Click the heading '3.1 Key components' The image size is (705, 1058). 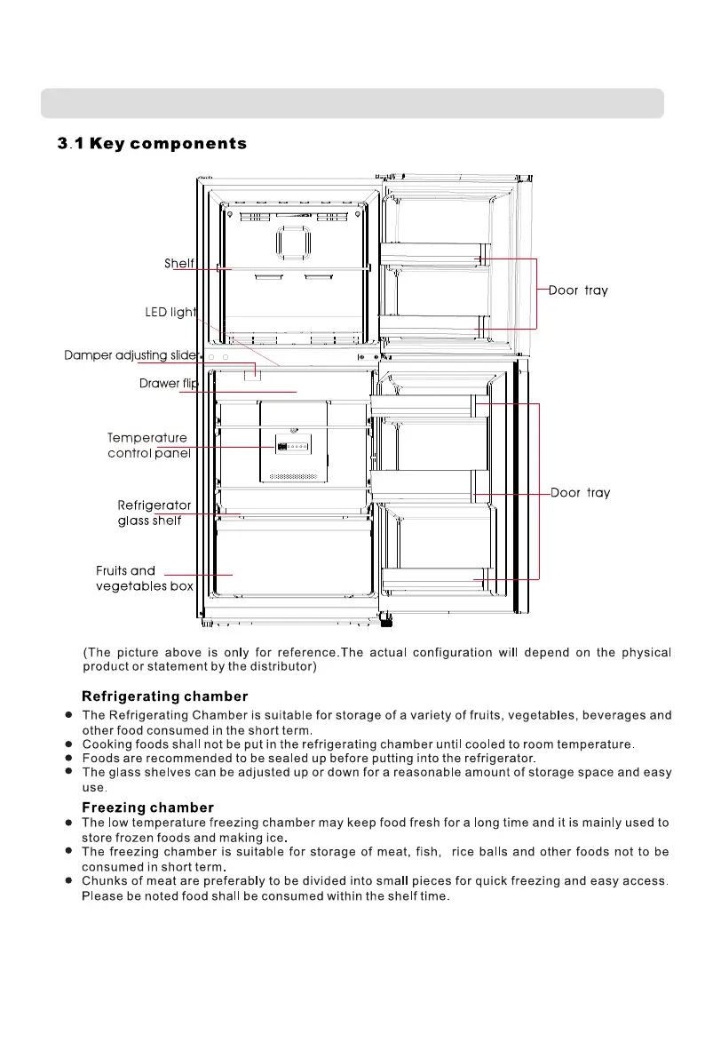tap(152, 144)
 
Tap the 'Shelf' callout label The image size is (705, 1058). tap(179, 264)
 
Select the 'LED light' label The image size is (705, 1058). tap(170, 313)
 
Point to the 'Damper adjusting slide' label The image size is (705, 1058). tap(130, 356)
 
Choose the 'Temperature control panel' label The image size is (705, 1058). tap(149, 446)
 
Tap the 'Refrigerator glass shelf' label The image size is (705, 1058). tap(154, 513)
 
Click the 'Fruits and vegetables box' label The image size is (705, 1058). tap(144, 578)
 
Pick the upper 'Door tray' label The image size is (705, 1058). tap(578, 290)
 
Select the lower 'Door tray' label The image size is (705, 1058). tap(580, 493)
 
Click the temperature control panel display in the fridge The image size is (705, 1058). tap(293, 448)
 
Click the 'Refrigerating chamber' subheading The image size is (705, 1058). tap(165, 696)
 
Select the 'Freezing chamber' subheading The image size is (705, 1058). tap(147, 807)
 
